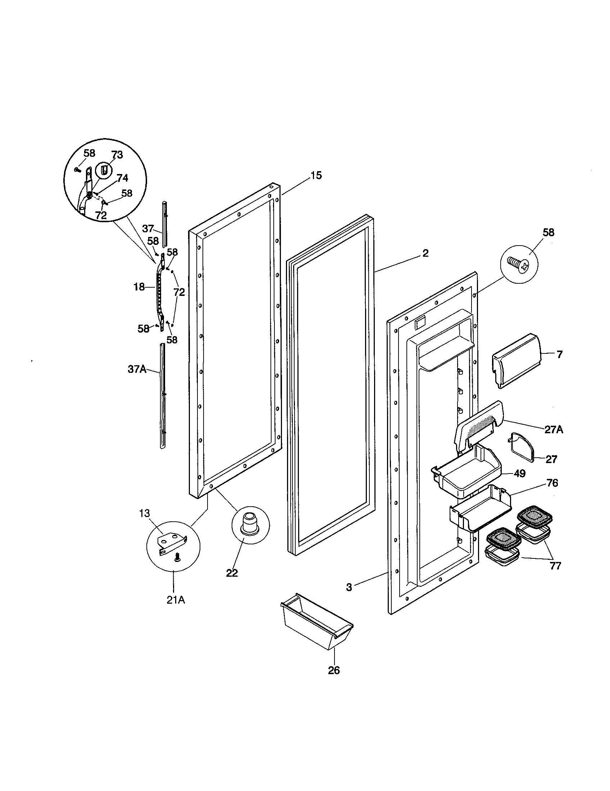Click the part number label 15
point(315,176)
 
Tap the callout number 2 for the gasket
point(425,253)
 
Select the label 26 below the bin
point(334,670)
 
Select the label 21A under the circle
point(176,600)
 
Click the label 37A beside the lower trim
point(137,369)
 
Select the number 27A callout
point(554,430)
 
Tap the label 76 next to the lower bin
point(552,483)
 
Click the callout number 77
point(555,566)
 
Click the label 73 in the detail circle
point(117,155)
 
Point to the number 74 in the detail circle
point(122,178)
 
